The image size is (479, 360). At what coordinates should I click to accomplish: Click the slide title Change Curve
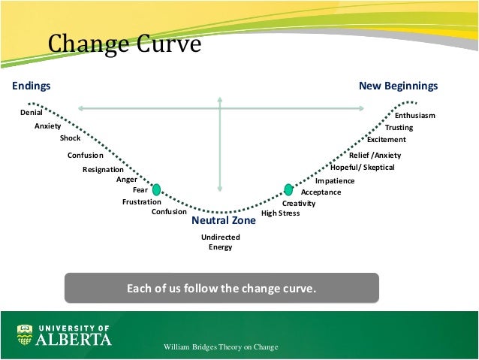pyautogui.click(x=125, y=44)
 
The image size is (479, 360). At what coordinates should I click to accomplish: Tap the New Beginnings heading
pyautogui.click(x=398, y=86)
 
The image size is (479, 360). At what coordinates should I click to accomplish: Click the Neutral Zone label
pyautogui.click(x=224, y=221)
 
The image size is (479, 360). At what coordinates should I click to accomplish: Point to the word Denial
pyautogui.click(x=31, y=112)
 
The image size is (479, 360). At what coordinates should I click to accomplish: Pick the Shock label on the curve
pyautogui.click(x=70, y=138)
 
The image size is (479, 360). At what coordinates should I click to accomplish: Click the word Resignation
pyautogui.click(x=103, y=170)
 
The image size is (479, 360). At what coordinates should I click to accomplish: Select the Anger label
pyautogui.click(x=127, y=180)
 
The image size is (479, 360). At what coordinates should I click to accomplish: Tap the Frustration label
pyautogui.click(x=142, y=202)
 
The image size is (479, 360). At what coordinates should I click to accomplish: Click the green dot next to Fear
pyautogui.click(x=157, y=189)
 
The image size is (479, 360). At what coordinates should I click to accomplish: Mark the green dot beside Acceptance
pyautogui.click(x=288, y=189)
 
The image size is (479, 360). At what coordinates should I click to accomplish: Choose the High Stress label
pyautogui.click(x=280, y=213)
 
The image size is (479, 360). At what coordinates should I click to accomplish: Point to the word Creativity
pyautogui.click(x=299, y=204)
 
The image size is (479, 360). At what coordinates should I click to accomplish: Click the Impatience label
pyautogui.click(x=335, y=181)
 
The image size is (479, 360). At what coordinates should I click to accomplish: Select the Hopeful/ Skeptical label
pyautogui.click(x=363, y=168)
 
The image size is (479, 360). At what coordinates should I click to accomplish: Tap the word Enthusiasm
pyautogui.click(x=415, y=116)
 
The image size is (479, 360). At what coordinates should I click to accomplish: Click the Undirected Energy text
pyautogui.click(x=221, y=242)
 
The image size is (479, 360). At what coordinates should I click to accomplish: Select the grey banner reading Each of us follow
pyautogui.click(x=221, y=288)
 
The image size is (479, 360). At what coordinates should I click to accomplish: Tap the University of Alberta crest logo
pyautogui.click(x=25, y=334)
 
